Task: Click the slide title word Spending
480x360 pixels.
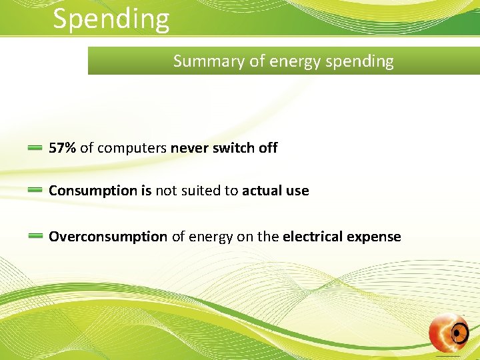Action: pos(111,19)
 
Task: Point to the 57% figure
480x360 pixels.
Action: pos(62,148)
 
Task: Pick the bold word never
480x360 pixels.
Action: pos(189,148)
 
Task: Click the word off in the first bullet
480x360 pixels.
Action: pos(268,148)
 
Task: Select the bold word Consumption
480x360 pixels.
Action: pos(93,191)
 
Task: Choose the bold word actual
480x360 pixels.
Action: pos(262,191)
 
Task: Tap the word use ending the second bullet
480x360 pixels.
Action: pos(297,191)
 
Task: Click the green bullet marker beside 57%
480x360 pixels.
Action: pos(35,149)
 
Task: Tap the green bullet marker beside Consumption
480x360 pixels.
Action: pos(35,191)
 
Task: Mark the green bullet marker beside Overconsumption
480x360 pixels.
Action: pos(35,236)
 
